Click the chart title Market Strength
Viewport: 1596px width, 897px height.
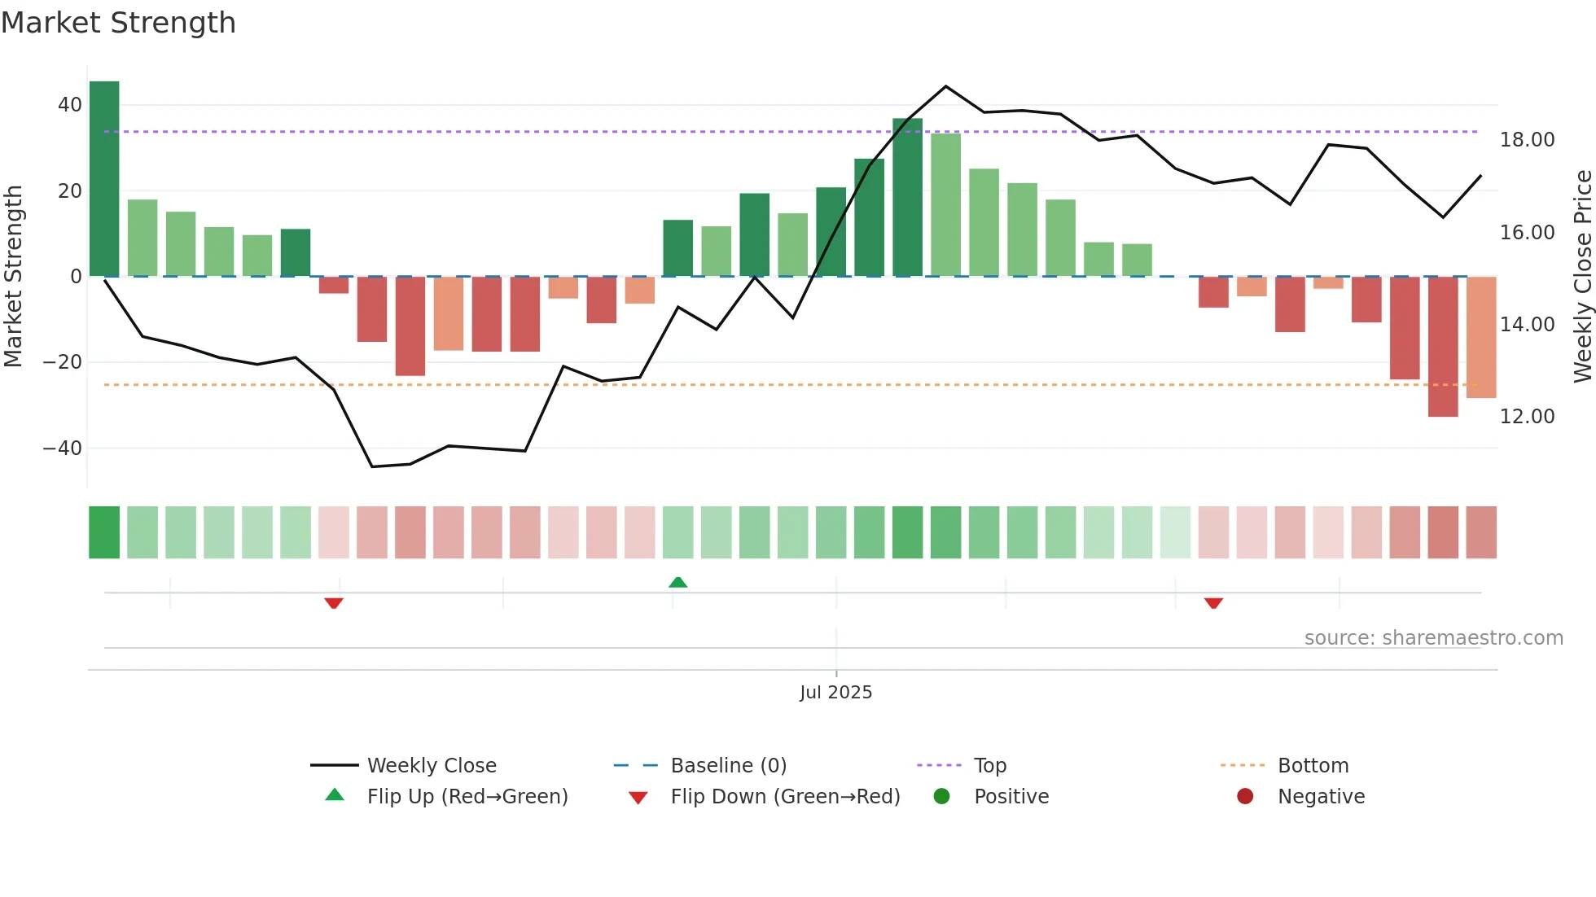[x=118, y=23]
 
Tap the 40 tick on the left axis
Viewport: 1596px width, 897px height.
[x=69, y=105]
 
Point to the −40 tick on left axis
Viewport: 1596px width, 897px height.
[x=63, y=448]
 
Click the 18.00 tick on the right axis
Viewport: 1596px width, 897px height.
[x=1527, y=140]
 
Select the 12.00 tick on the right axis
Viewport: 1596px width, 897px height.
[x=1527, y=417]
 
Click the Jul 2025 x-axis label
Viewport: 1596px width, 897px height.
[x=835, y=693]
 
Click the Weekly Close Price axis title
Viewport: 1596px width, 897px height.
[x=1582, y=277]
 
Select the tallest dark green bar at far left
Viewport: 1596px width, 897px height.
[x=104, y=179]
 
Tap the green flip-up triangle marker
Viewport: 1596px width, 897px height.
[x=678, y=582]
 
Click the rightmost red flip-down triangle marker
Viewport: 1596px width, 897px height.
[x=1213, y=603]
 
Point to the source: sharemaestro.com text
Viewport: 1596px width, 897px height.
[x=1433, y=638]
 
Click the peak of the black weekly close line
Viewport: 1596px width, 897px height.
[x=945, y=86]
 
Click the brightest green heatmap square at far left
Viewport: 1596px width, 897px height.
[x=104, y=532]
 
